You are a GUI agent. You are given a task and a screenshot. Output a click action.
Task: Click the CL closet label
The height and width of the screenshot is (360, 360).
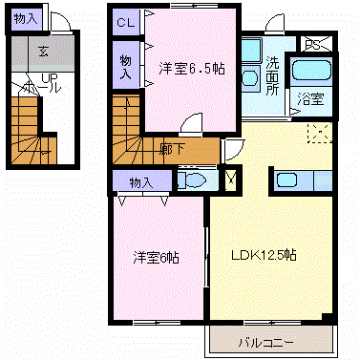coord(126,23)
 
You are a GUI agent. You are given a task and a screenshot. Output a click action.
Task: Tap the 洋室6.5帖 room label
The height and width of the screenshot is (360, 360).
coord(192,69)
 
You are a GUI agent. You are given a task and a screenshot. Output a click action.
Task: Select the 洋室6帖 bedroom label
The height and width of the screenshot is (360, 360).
coord(156,258)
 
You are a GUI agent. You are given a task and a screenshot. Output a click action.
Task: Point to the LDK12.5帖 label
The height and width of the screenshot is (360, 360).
coord(264,255)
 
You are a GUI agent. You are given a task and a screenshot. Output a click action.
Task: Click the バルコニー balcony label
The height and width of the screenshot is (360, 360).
coord(266,343)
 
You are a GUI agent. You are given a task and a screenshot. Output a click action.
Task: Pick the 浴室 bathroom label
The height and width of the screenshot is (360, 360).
coord(310,99)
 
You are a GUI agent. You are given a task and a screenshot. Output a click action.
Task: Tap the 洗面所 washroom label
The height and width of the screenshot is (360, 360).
coord(273,76)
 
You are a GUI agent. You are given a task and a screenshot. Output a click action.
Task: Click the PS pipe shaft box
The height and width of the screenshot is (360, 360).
coord(314,44)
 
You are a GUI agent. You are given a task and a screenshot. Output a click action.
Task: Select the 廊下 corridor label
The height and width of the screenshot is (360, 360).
coord(172,149)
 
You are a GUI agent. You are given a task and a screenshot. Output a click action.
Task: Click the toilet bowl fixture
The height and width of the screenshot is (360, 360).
coord(195,180)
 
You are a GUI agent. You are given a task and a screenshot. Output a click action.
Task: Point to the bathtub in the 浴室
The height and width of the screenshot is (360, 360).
coord(311,70)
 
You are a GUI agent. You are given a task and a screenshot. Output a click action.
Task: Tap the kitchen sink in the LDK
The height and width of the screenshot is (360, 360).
coord(286,180)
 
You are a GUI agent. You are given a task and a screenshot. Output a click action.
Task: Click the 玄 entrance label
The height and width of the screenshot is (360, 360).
coord(43,51)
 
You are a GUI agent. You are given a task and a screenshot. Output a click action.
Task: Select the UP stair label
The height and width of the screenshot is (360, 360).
coord(51,78)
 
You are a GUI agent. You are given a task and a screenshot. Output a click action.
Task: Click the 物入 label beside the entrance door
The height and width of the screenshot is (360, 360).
coord(26,19)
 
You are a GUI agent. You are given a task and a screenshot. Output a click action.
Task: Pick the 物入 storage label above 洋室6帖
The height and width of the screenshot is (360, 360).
coord(141,182)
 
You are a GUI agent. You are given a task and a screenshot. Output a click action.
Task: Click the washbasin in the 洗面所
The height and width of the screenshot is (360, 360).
coord(249,78)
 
